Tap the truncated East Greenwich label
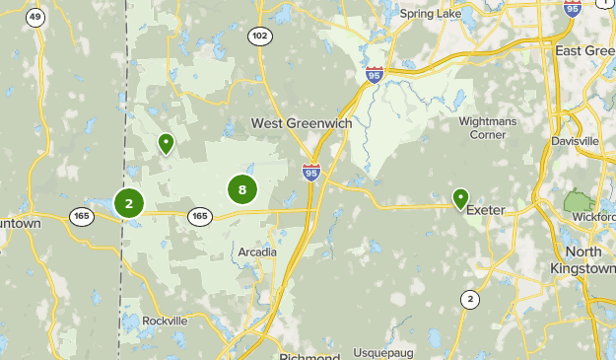coord(585,50)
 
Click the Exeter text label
coord(485,210)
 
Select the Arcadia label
coord(257,252)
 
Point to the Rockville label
coord(165,322)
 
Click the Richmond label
coord(309,355)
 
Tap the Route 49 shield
coord(35,18)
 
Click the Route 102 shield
coord(259,36)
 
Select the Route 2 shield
coord(470,299)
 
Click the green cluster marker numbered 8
coord(242,189)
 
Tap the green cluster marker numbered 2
coord(129,202)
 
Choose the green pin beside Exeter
coord(460,199)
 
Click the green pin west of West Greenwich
coord(167,144)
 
